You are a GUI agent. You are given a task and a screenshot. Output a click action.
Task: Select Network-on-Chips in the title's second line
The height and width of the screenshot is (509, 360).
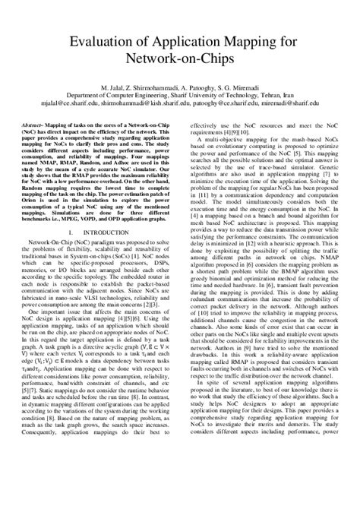[x=180, y=62]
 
